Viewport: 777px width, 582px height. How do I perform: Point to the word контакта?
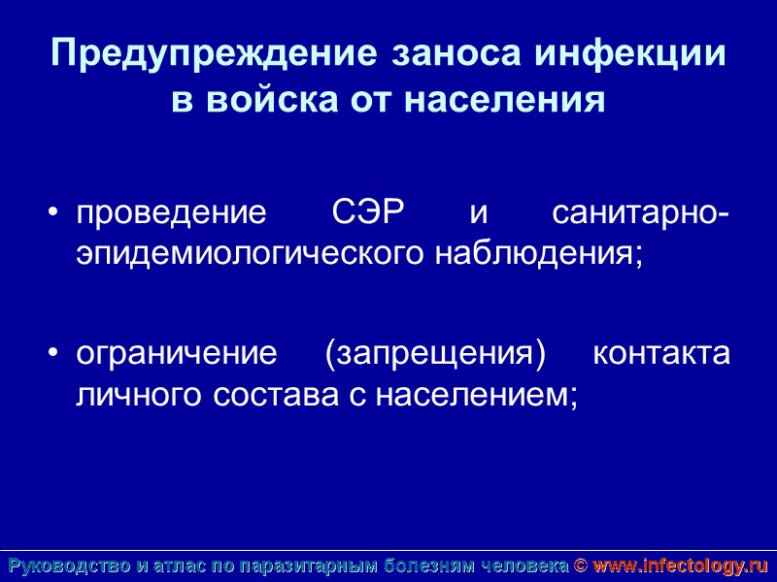click(x=660, y=353)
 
